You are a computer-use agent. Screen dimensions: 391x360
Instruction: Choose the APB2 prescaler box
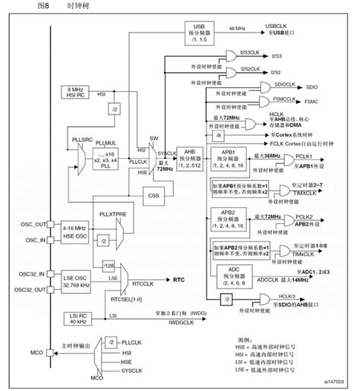tap(230, 221)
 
